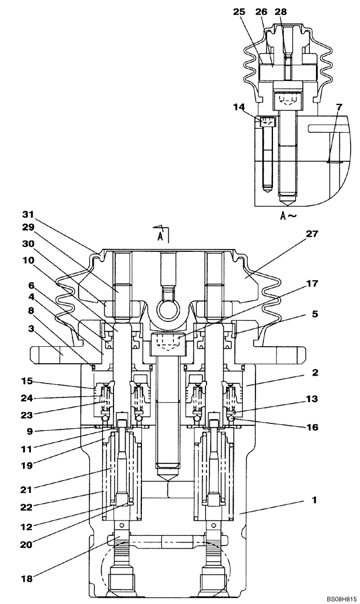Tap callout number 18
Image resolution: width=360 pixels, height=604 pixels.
[x=26, y=578]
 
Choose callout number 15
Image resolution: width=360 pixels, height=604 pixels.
[x=26, y=382]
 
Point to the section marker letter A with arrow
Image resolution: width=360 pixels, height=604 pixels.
[x=160, y=234]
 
